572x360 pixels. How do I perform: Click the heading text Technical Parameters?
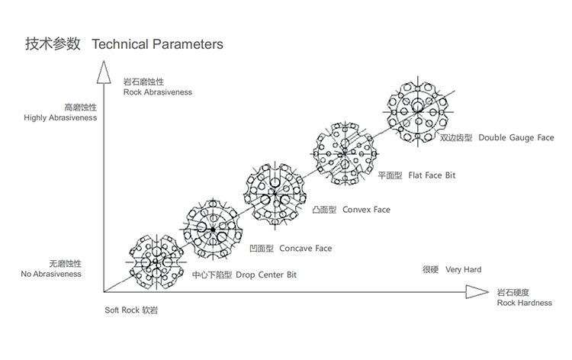tap(157, 44)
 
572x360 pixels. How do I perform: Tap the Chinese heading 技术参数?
tap(53, 44)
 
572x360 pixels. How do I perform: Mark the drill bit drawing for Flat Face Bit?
tap(344, 150)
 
